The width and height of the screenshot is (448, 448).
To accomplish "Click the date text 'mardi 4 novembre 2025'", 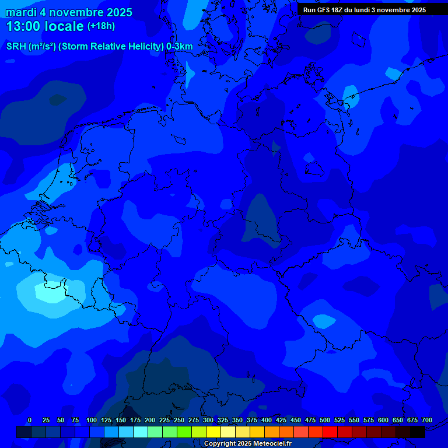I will pyautogui.click(x=69, y=13).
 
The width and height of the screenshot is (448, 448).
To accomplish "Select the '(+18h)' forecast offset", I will pyautogui.click(x=101, y=26).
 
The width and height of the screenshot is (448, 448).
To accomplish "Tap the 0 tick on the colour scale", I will pyautogui.click(x=29, y=420).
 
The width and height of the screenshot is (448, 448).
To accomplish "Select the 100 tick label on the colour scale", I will pyautogui.click(x=91, y=420).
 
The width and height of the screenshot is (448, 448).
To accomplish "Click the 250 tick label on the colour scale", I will pyautogui.click(x=178, y=420).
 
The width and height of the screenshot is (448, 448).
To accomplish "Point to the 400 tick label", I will pyautogui.click(x=266, y=420).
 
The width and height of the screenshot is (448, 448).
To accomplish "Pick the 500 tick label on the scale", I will pyautogui.click(x=324, y=420).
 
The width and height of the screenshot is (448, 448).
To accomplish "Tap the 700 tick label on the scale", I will pyautogui.click(x=426, y=420).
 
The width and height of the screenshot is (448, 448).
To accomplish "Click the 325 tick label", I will pyautogui.click(x=222, y=420).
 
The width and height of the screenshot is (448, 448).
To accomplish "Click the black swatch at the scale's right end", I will pyautogui.click(x=418, y=432).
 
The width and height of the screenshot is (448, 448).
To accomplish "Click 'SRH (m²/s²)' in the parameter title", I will pyautogui.click(x=31, y=46).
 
